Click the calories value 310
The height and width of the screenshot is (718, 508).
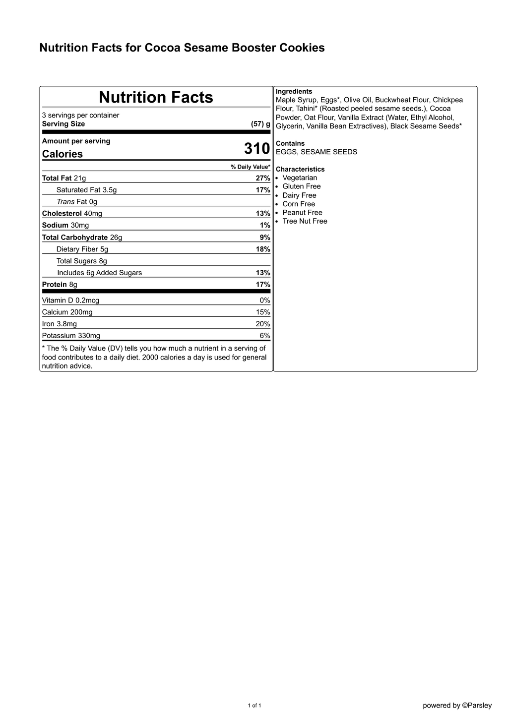[x=256, y=149]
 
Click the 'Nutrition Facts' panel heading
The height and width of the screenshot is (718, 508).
[x=156, y=97]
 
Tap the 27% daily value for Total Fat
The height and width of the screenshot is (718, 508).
[x=263, y=178]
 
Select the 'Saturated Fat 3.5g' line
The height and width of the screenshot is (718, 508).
[x=86, y=190]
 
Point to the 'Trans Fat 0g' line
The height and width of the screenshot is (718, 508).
[x=77, y=202]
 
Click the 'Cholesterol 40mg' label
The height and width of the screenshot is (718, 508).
[x=72, y=214]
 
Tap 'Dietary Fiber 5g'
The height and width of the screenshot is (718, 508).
[x=82, y=249]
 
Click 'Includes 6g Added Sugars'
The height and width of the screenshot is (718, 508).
[x=99, y=273]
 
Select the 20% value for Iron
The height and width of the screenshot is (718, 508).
[x=263, y=324]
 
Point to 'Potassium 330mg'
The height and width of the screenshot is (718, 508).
[x=71, y=336]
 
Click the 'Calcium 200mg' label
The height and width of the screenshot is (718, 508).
[x=67, y=312]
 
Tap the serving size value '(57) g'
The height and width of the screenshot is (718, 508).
[x=260, y=124]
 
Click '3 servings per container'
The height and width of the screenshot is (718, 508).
[x=80, y=116]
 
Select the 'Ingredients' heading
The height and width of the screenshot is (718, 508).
[x=294, y=92]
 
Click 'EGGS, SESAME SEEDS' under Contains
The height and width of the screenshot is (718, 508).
[x=316, y=152]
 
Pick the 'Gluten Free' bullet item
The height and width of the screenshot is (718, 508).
[x=301, y=186]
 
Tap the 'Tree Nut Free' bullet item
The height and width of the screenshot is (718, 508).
[x=305, y=221]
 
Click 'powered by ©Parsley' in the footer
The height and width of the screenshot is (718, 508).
[x=457, y=706]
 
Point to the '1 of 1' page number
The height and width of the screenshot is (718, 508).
[x=254, y=706]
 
